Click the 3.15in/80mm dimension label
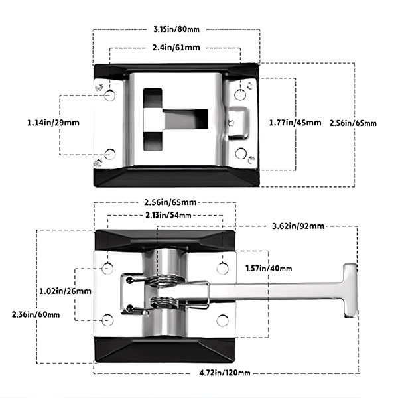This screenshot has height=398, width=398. point(176,29)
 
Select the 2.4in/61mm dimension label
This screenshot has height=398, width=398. point(176,48)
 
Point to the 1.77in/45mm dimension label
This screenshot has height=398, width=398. point(295,123)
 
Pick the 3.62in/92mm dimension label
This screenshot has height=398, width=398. point(298,226)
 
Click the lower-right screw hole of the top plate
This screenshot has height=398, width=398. point(241,154)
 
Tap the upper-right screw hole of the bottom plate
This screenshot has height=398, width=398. point(223,269)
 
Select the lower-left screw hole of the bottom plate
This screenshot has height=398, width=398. point(108,321)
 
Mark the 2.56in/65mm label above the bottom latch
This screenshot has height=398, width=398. point(168,202)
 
